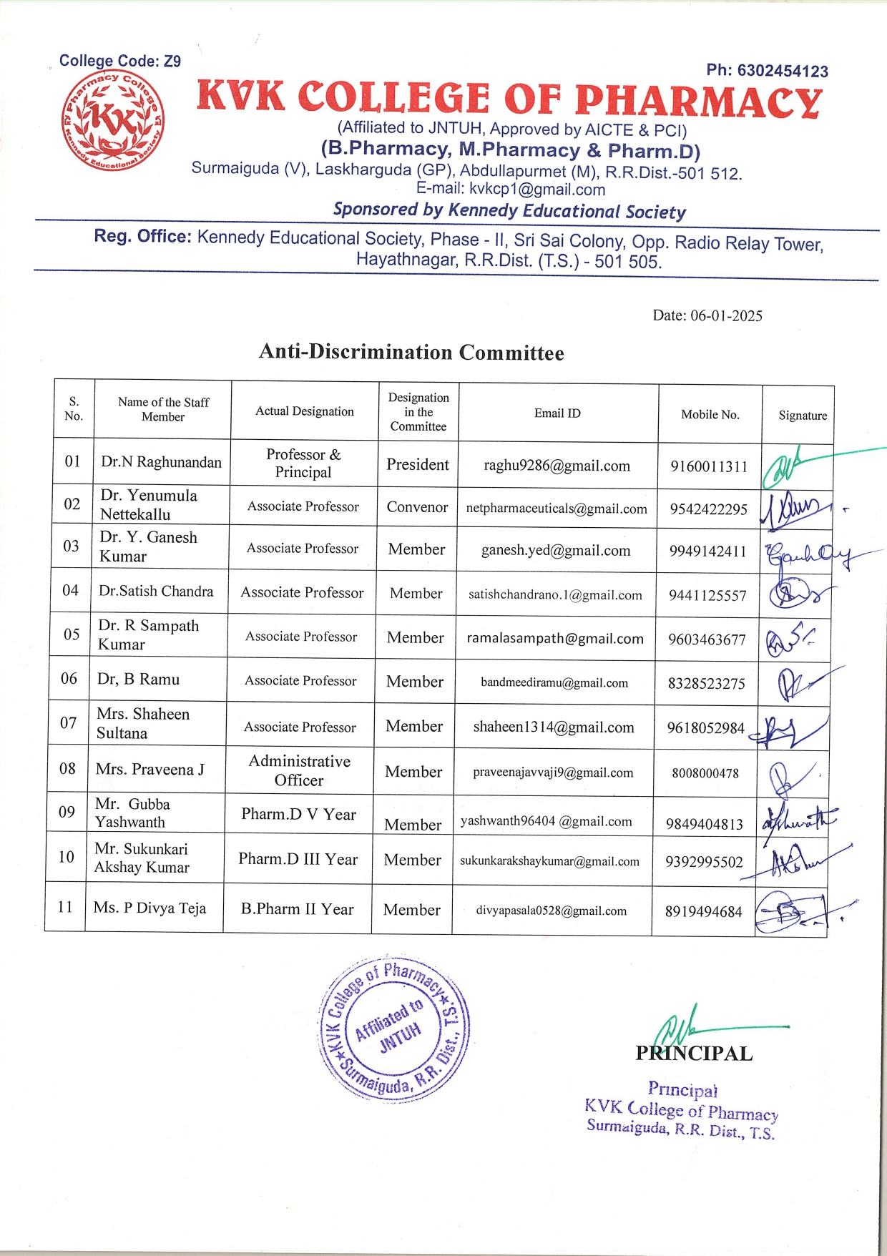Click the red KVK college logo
[112, 121]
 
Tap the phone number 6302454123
[767, 71]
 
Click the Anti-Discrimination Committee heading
[411, 353]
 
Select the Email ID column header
[557, 413]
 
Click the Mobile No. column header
[710, 415]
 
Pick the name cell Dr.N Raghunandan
[161, 462]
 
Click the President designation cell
[418, 465]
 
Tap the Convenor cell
[417, 507]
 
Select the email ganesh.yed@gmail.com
[556, 551]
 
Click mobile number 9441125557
[707, 595]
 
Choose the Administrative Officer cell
[300, 770]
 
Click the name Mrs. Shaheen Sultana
[143, 723]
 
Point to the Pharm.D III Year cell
[298, 859]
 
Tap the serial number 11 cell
[65, 907]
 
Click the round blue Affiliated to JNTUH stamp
[393, 1028]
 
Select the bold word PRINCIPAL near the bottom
[694, 1054]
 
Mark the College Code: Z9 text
[119, 62]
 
